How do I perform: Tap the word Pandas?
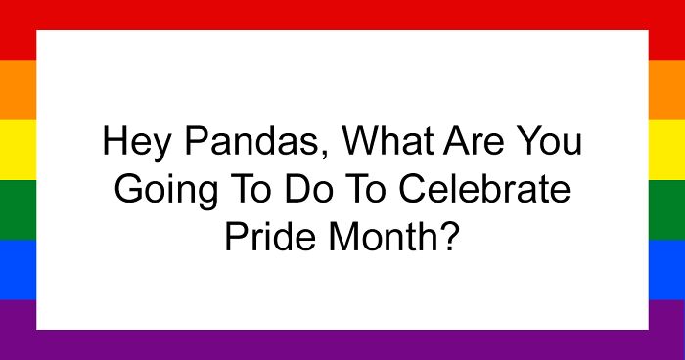248,145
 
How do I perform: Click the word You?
553,144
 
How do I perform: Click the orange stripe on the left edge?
18,90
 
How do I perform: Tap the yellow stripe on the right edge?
666,150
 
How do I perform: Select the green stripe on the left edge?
18,209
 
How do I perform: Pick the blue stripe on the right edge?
666,269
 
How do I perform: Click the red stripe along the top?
342,14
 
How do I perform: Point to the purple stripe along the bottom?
342,344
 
